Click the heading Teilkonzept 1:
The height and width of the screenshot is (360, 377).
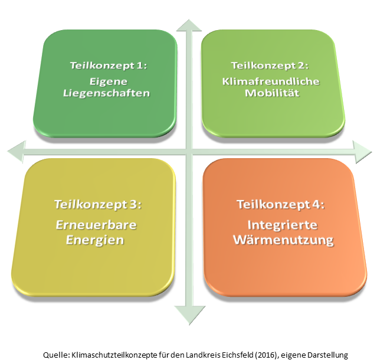104,67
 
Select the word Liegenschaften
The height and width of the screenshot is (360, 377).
104,93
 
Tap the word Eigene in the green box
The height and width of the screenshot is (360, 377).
104,81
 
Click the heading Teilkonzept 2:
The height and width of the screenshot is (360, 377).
270,66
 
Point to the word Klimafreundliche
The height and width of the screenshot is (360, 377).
270,81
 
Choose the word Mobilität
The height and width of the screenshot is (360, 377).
270,93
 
